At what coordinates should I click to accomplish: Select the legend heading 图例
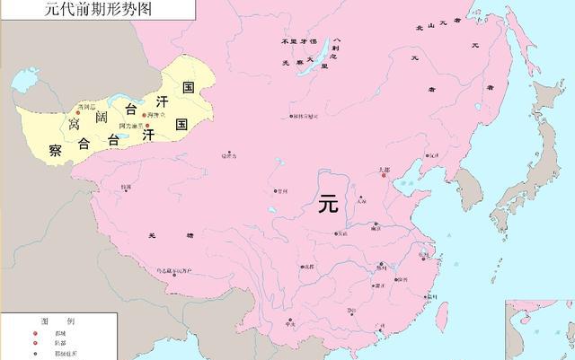pyautogui.click(x=50, y=321)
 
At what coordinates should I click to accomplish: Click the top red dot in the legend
pyautogui.click(x=36, y=333)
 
